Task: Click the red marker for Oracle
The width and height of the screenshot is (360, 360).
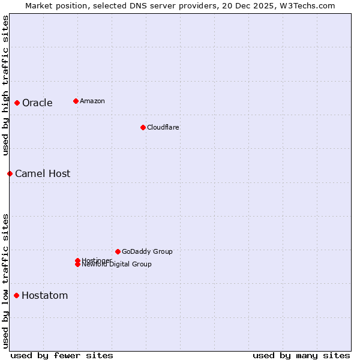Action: click(17, 103)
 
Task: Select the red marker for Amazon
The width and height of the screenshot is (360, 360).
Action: click(76, 101)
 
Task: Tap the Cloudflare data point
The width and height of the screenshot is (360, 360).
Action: click(143, 127)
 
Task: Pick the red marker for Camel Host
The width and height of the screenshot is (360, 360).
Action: click(10, 173)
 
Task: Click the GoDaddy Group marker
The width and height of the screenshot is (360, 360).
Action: click(118, 251)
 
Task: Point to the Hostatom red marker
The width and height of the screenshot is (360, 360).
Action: click(16, 295)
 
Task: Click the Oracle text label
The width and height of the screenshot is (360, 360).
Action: click(37, 103)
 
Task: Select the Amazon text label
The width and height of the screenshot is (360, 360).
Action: click(92, 101)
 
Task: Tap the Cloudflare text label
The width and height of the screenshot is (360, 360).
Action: click(163, 127)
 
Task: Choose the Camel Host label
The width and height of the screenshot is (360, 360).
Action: click(43, 173)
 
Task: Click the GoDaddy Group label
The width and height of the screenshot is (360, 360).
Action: click(146, 251)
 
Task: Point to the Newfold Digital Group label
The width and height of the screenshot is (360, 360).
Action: click(116, 265)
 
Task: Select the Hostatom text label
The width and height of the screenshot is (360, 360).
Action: click(44, 295)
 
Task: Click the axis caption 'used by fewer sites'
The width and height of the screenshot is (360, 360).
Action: click(62, 355)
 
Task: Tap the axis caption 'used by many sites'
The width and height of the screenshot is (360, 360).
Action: click(301, 355)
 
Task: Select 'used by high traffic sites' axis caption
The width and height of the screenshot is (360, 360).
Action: click(5, 85)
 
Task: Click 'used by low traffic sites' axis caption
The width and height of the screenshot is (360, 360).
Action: click(5, 281)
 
